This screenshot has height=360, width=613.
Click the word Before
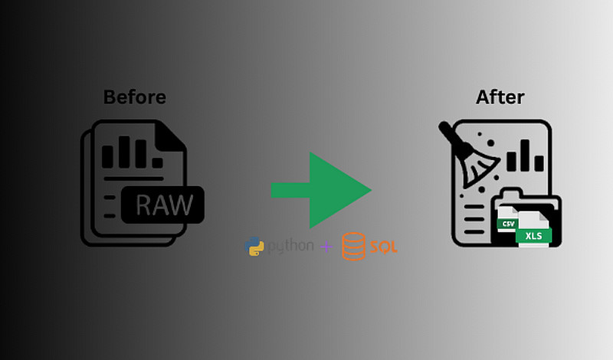coord(134,97)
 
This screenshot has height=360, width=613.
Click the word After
coord(500,97)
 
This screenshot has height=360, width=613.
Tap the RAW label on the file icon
coord(164,205)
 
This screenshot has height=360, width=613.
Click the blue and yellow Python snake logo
coord(254,247)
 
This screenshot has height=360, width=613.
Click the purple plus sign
coord(326,247)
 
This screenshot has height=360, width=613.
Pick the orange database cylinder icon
coord(353,247)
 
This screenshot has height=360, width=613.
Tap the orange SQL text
coord(383,247)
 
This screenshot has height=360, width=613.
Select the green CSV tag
coord(506,224)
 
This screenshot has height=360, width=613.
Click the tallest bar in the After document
coord(526,155)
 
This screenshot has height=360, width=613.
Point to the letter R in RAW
coord(144,205)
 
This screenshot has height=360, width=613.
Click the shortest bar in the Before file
coord(156,162)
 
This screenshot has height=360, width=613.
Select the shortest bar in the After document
coord(540,163)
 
